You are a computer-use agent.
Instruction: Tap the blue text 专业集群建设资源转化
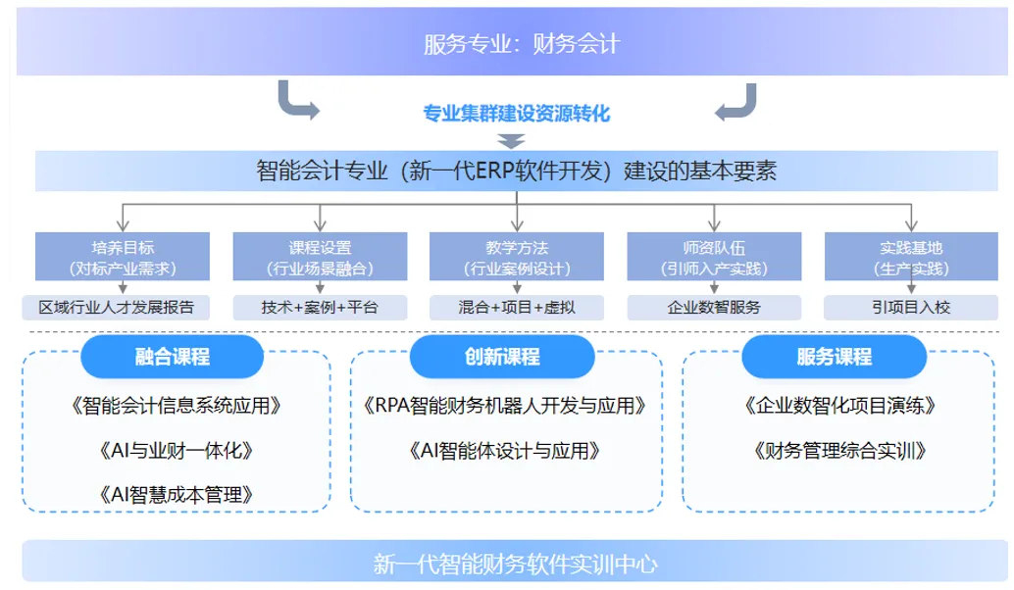516,115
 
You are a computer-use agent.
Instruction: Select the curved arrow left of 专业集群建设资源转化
297,102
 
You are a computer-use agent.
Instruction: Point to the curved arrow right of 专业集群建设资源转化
735,102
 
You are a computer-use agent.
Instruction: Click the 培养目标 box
123,257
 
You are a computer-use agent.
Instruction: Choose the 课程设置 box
320,257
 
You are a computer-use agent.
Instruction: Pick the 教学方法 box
516,257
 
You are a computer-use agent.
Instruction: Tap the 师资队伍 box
713,257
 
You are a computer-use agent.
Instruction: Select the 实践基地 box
911,257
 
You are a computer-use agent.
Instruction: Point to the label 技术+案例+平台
320,307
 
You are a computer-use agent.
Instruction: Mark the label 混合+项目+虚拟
516,307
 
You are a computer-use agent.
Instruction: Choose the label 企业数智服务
713,307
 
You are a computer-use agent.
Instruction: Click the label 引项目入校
911,307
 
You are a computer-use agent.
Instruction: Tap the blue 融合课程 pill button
173,357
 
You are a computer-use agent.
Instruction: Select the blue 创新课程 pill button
502,357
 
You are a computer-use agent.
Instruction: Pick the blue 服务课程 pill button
834,357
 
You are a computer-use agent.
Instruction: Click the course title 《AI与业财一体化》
177,451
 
